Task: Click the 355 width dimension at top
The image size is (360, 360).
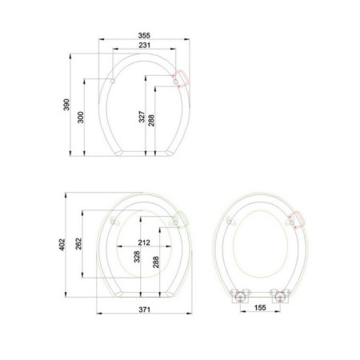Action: pos(144,35)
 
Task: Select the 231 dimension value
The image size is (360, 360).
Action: pos(144,45)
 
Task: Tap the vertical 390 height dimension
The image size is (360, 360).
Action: pos(66,105)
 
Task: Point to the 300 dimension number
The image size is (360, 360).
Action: pos(80,118)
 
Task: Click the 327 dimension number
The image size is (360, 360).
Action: pos(142,117)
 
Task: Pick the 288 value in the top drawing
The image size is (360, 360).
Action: pos(151,121)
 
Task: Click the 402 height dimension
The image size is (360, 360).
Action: pos(62,245)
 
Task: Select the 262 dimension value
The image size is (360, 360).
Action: pos(78,244)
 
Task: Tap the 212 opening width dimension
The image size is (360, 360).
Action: pos(144,242)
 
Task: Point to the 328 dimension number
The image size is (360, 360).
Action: pos(137,257)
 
